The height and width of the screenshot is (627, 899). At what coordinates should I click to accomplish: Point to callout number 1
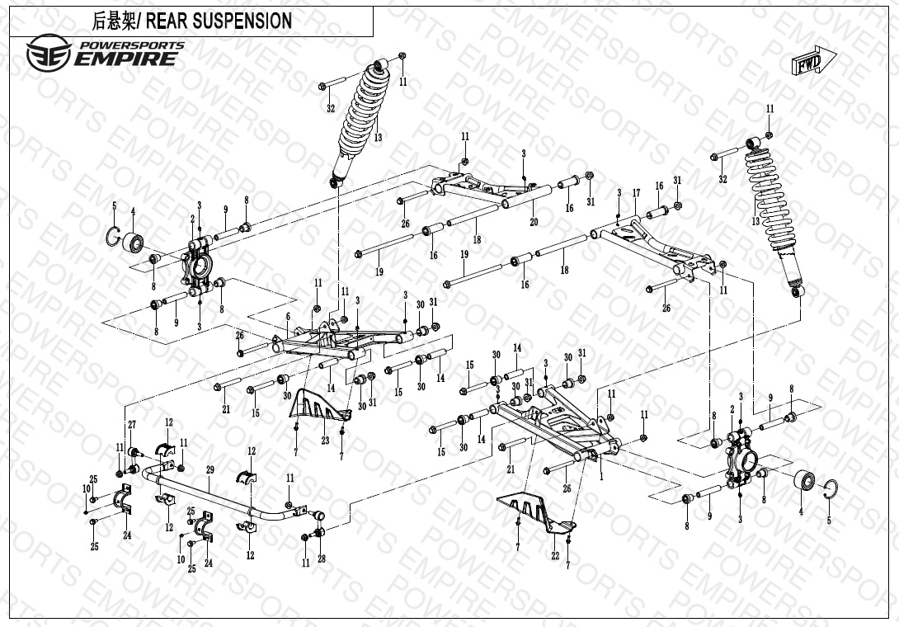601,475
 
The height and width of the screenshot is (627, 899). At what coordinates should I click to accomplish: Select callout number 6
288,317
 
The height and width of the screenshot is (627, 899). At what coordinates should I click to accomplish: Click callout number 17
636,193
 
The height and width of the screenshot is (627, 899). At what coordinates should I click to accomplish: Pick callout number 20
534,222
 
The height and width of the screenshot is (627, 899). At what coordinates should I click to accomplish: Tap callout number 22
556,555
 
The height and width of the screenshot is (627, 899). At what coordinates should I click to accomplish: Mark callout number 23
325,441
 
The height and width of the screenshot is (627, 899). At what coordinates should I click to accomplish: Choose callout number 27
131,424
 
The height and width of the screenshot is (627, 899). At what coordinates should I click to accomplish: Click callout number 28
322,559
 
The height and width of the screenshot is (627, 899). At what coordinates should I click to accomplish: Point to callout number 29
209,469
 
